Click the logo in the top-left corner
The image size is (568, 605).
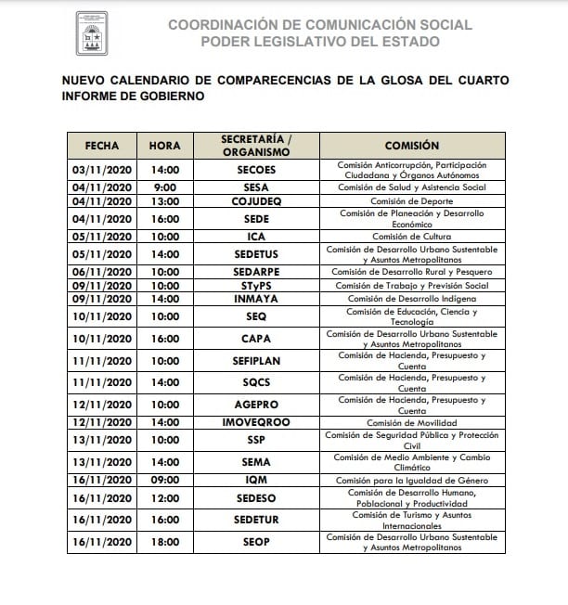92,33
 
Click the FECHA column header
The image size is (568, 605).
102,146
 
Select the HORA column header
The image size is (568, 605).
164,146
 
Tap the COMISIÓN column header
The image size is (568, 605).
412,146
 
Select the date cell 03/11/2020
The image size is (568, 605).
102,171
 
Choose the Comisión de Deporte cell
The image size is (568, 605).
412,201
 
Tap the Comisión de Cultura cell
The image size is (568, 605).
412,237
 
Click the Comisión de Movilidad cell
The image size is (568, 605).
412,422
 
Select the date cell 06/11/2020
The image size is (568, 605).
102,272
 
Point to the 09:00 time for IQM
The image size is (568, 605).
164,480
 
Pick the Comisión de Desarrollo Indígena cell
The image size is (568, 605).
412,299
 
